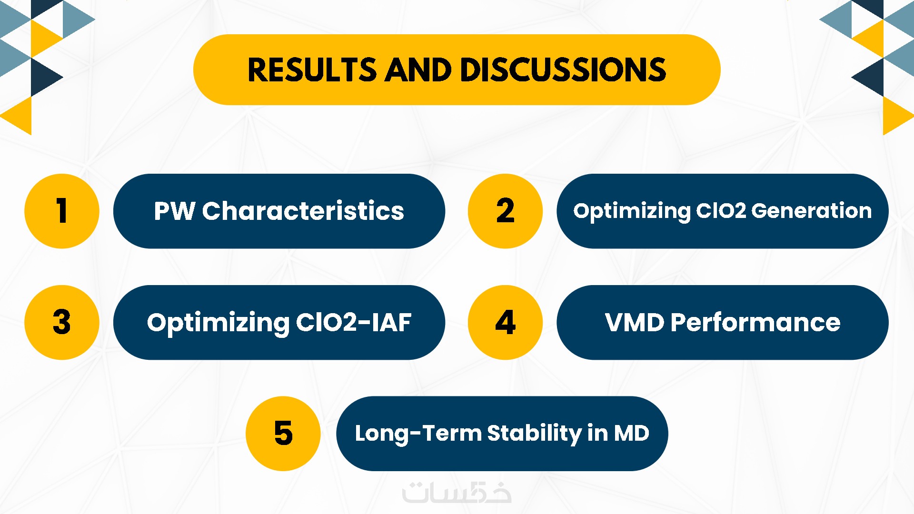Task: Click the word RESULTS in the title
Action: click(x=312, y=70)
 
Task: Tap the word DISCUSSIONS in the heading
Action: click(x=563, y=70)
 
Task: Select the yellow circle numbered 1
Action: click(x=62, y=211)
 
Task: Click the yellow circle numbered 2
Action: click(x=505, y=211)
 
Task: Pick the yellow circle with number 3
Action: click(x=62, y=322)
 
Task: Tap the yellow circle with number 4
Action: click(x=505, y=322)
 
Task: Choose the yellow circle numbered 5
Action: click(x=283, y=434)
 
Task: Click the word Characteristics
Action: click(x=303, y=211)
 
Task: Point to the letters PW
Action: click(x=174, y=211)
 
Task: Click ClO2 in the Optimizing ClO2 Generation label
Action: click(x=721, y=210)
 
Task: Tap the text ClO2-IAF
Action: click(x=354, y=322)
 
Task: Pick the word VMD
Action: click(x=635, y=322)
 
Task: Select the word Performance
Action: click(x=755, y=322)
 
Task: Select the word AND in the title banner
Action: click(x=418, y=70)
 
